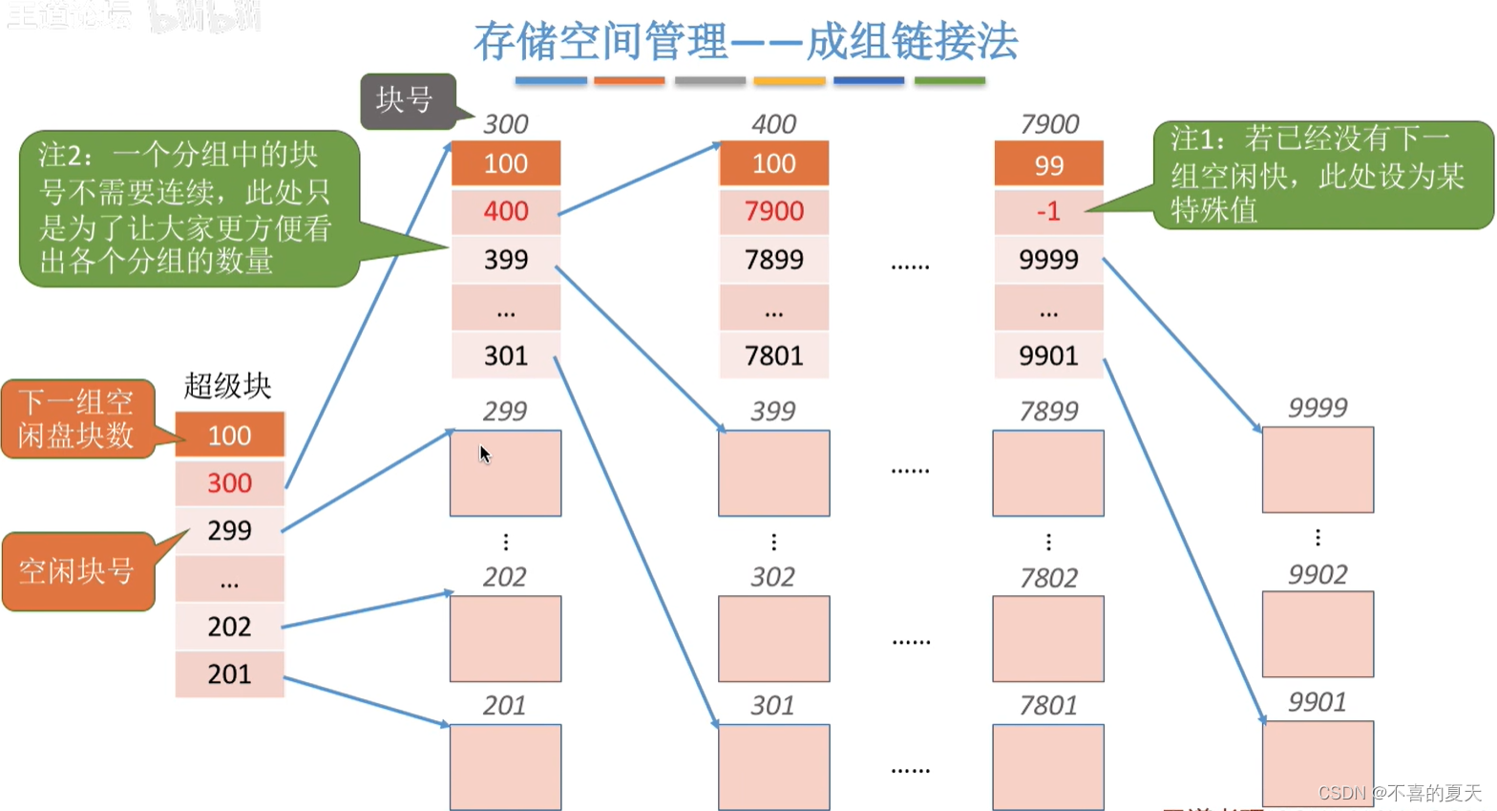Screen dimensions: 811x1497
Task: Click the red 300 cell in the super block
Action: pyautogui.click(x=229, y=483)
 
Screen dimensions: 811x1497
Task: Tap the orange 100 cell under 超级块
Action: pyautogui.click(x=229, y=436)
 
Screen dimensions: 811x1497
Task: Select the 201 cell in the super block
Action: pyautogui.click(x=229, y=674)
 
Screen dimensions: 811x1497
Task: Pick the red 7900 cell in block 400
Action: pyautogui.click(x=773, y=211)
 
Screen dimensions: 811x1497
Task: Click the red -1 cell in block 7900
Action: pyautogui.click(x=1048, y=211)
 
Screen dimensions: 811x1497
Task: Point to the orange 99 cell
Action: pyautogui.click(x=1048, y=164)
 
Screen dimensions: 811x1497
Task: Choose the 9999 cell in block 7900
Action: pyautogui.click(x=1048, y=260)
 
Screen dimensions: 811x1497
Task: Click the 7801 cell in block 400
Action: pyautogui.click(x=773, y=356)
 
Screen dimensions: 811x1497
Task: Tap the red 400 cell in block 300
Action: pyautogui.click(x=505, y=211)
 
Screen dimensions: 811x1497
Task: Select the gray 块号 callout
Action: pyautogui.click(x=405, y=99)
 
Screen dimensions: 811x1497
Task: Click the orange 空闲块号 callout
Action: pyautogui.click(x=76, y=571)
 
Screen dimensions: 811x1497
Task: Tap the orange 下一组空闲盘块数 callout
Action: pyautogui.click(x=76, y=419)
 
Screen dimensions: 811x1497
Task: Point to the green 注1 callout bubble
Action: pyautogui.click(x=1321, y=175)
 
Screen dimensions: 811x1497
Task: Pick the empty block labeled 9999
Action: pyautogui.click(x=1318, y=470)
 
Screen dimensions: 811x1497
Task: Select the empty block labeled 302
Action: pyautogui.click(x=773, y=638)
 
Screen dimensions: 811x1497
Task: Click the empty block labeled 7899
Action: pyautogui.click(x=1048, y=473)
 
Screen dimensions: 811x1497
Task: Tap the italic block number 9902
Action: pyautogui.click(x=1318, y=574)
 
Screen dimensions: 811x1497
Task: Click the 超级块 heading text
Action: pyautogui.click(x=227, y=386)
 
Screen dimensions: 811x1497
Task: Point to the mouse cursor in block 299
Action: pyautogui.click(x=484, y=454)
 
